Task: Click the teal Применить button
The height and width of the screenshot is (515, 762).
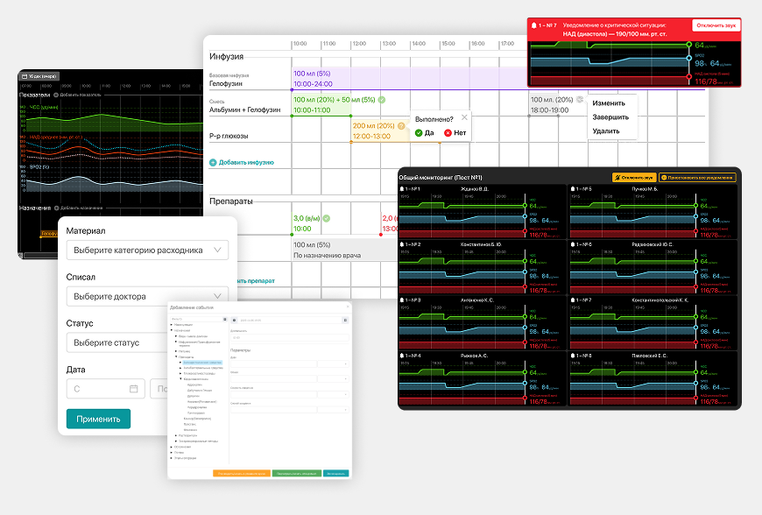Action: (98, 419)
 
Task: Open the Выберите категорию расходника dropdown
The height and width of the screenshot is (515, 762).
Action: (147, 250)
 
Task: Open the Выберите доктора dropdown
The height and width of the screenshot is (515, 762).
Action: (147, 297)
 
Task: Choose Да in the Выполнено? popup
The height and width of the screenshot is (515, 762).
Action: (425, 133)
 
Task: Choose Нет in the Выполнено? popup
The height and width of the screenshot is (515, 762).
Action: (455, 133)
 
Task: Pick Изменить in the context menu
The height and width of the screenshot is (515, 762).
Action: (609, 102)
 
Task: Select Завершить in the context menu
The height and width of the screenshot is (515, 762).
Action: (610, 116)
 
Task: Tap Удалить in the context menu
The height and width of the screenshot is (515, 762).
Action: (606, 131)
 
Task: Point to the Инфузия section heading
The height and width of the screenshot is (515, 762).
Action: (226, 57)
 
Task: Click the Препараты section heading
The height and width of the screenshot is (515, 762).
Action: (231, 201)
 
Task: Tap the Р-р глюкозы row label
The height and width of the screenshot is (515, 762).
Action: (229, 136)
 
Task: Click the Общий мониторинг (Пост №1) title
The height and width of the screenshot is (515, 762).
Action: (441, 177)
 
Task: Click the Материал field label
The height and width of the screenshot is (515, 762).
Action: (86, 231)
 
